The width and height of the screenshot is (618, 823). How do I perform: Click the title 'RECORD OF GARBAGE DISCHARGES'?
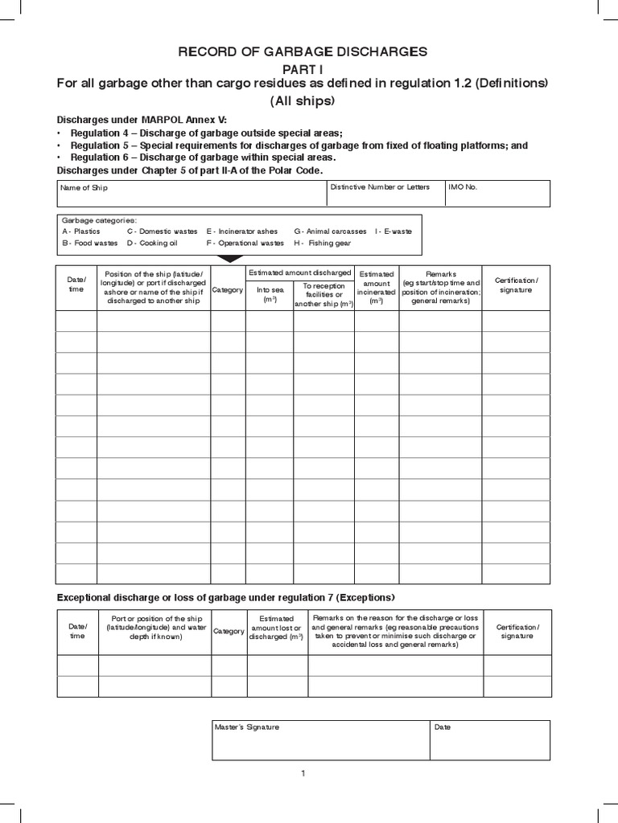click(x=303, y=52)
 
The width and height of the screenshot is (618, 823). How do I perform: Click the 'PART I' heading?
click(x=303, y=68)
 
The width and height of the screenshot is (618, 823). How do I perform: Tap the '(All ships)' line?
click(x=302, y=101)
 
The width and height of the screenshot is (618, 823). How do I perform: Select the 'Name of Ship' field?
click(x=190, y=194)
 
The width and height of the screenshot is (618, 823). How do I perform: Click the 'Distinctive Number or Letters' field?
click(x=385, y=194)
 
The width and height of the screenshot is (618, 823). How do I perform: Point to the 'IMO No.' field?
click(x=497, y=194)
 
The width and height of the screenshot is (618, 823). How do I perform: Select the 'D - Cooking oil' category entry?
click(x=153, y=243)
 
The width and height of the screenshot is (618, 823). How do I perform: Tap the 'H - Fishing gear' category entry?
click(x=319, y=243)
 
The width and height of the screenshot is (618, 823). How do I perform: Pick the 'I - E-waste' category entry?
click(x=393, y=231)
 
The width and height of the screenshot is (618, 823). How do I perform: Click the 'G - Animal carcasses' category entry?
click(x=330, y=231)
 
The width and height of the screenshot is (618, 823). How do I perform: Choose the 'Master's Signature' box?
click(x=320, y=739)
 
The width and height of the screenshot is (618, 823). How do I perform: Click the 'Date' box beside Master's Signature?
click(x=490, y=739)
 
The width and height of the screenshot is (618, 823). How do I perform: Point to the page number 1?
click(x=303, y=773)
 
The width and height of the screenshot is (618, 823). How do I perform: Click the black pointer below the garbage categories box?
click(x=229, y=259)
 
